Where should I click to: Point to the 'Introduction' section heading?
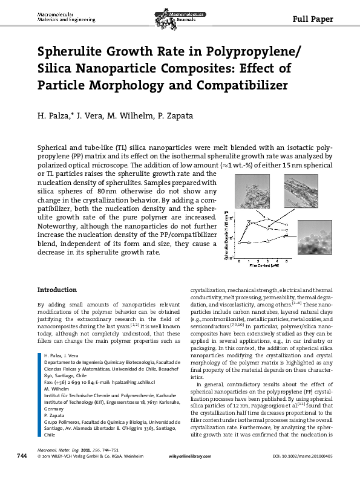(57, 290)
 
